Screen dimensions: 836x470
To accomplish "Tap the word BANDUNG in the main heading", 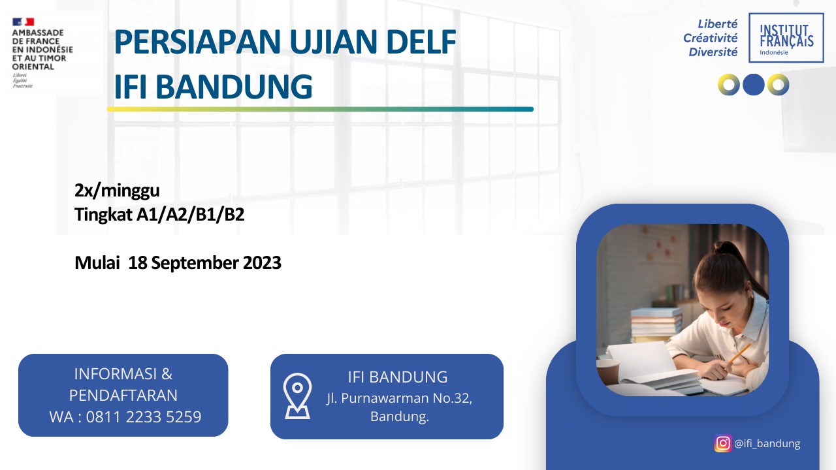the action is pyautogui.click(x=234, y=87).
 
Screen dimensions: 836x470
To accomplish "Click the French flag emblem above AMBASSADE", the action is pyautogui.click(x=23, y=22).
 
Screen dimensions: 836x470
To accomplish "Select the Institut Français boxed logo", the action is pyautogui.click(x=786, y=38).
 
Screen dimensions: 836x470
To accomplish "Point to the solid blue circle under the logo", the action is pyautogui.click(x=754, y=85).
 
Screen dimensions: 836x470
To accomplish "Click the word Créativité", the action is pyautogui.click(x=710, y=38).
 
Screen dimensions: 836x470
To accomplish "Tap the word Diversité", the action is pyautogui.click(x=713, y=52).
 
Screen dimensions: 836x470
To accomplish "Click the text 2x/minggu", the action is pyautogui.click(x=117, y=191).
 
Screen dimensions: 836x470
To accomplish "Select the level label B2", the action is pyautogui.click(x=234, y=215).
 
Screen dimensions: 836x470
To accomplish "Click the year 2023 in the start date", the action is pyautogui.click(x=262, y=262).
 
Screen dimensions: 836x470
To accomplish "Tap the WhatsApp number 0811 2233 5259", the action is pyautogui.click(x=144, y=416).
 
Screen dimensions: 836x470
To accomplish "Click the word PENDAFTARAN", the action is pyautogui.click(x=123, y=396).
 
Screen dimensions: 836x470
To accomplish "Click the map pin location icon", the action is pyautogui.click(x=297, y=396).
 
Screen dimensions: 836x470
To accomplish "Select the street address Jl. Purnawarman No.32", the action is pyautogui.click(x=399, y=398).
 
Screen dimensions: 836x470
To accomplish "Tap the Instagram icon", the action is pyautogui.click(x=723, y=443).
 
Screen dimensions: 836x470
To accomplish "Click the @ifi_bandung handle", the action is pyautogui.click(x=767, y=443).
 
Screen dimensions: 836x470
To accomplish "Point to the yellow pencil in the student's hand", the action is pyautogui.click(x=739, y=352).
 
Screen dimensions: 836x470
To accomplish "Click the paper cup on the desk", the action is pyautogui.click(x=607, y=371).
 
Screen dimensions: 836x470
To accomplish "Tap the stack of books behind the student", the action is pyautogui.click(x=655, y=324).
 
